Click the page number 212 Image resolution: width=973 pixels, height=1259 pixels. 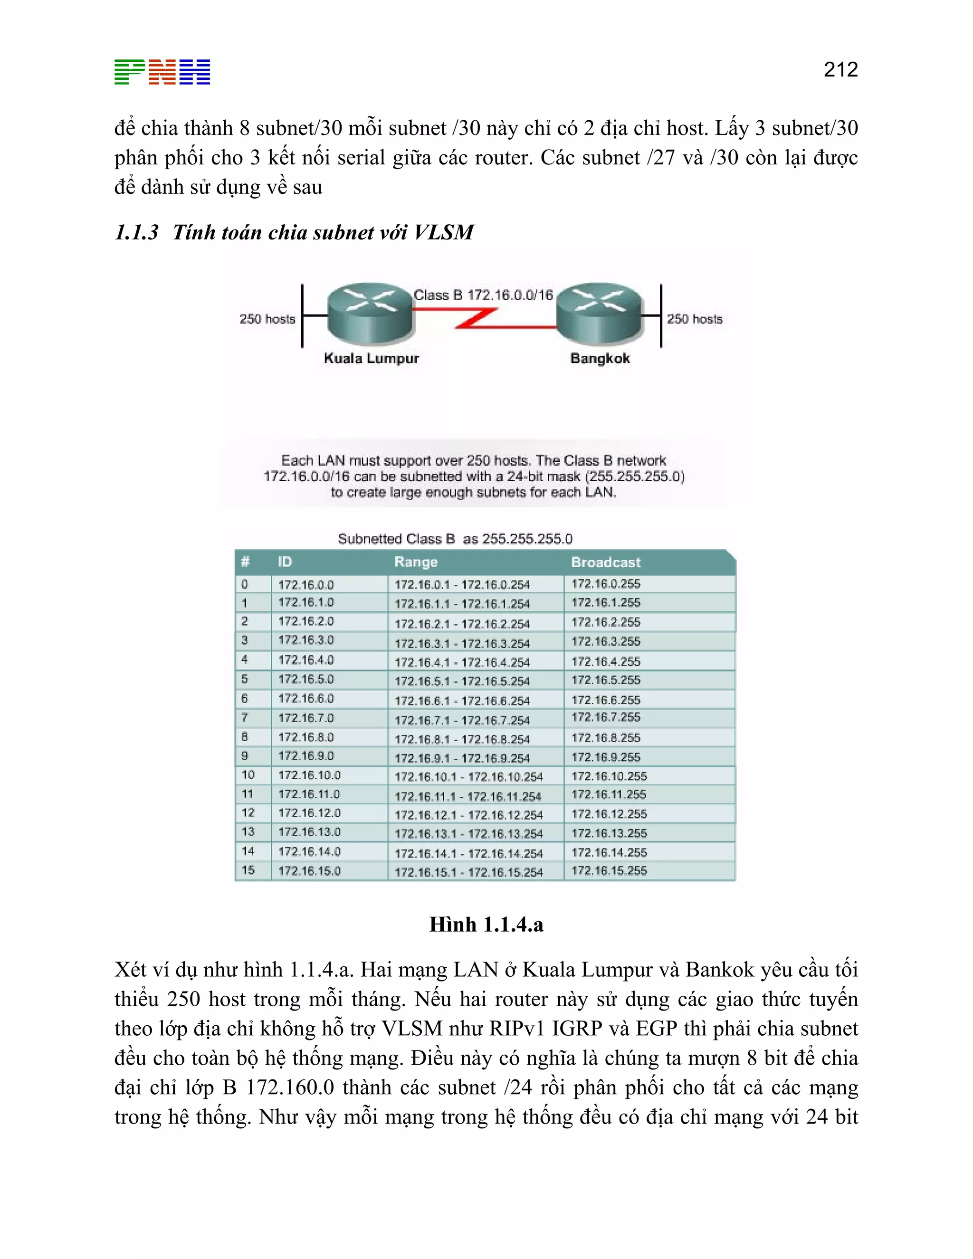coord(840,70)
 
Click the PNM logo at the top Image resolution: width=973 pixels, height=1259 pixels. coord(162,72)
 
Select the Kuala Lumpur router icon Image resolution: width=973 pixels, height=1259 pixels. coord(371,313)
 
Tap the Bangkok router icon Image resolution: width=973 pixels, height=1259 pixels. coord(600,313)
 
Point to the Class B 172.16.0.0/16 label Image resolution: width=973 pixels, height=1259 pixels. coord(483,295)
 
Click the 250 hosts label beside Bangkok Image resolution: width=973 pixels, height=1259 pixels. coord(695,319)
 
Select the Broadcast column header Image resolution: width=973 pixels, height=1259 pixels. coord(606,562)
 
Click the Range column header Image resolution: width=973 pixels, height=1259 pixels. coord(416,562)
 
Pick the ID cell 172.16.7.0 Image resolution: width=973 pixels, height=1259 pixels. coord(306,718)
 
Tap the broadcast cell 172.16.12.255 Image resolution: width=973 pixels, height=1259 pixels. coord(609,814)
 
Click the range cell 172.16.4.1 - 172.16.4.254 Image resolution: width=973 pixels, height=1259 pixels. coord(462,662)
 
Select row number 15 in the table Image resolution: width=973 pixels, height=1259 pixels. coord(248,870)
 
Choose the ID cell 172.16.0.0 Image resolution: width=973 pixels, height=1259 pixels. coord(306,584)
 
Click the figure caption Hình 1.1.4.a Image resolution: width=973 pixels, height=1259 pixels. coord(486,925)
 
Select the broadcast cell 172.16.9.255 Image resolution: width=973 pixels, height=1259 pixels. coord(606,757)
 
